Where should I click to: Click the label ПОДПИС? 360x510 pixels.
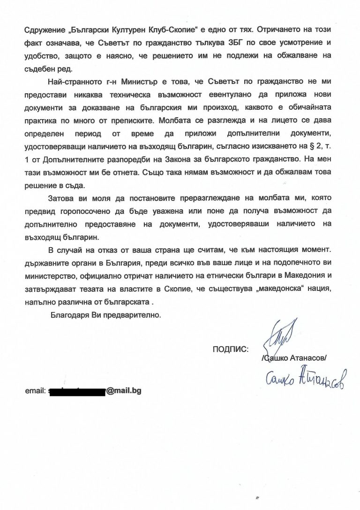[231, 349]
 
